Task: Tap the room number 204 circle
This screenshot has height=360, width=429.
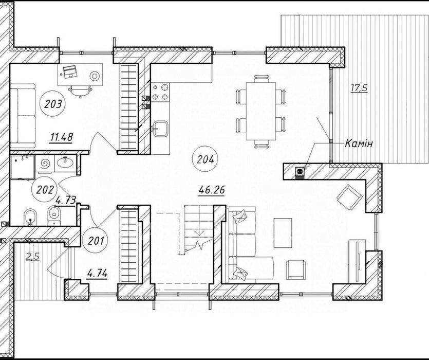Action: coord(204,159)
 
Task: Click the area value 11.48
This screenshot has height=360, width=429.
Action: coord(61,137)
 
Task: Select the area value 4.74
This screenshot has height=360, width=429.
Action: coord(97,274)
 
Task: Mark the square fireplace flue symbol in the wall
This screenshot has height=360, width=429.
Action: coord(300,170)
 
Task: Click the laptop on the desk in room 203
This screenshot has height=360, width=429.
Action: coord(69,71)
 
